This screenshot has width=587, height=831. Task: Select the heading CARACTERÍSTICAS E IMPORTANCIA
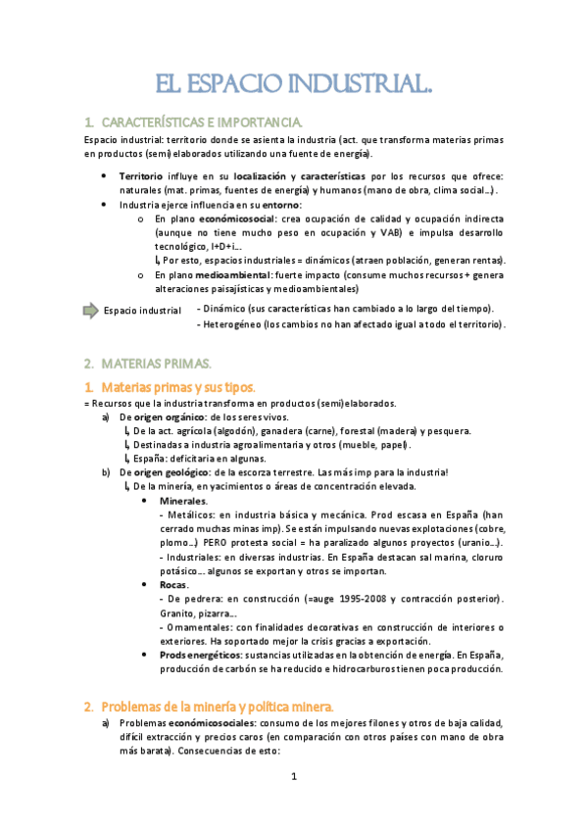[202, 122]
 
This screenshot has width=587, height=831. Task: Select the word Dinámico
[228, 309]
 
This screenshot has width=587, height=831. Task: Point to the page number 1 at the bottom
[293, 777]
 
